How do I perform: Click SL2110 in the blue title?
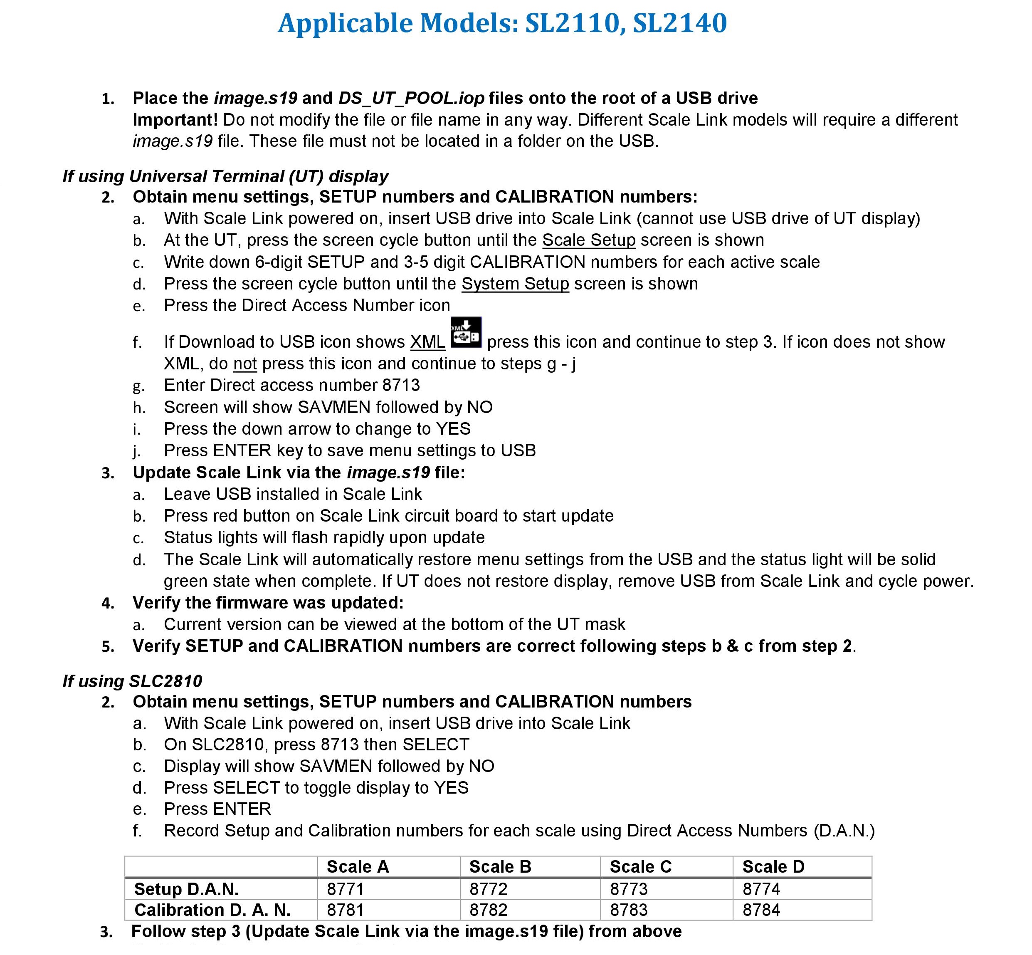572,23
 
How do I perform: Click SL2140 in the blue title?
680,23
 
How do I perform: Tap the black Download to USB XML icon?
466,332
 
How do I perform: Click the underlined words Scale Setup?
588,240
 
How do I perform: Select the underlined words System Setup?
515,284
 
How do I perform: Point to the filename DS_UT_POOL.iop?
411,98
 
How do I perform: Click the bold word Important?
175,120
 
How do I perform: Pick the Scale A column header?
358,867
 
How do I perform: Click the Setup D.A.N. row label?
186,889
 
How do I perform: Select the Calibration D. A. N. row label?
212,910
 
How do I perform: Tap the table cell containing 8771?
346,889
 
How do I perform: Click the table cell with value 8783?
628,910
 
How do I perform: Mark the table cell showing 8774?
761,889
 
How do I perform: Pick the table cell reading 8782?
488,910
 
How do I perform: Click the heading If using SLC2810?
132,681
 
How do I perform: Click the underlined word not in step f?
245,364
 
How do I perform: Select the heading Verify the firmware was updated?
268,603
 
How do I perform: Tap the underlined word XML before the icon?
428,342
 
